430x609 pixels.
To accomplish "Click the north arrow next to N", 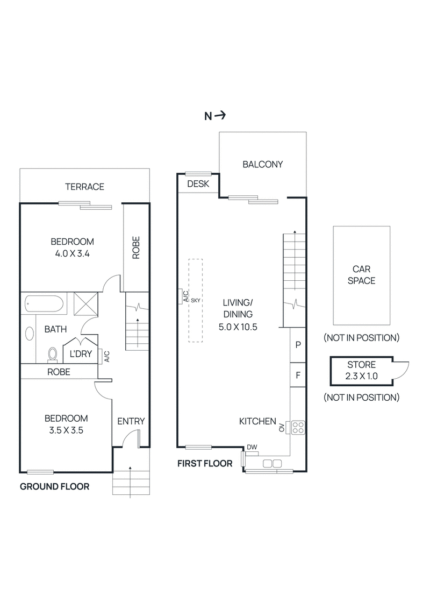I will [221, 115].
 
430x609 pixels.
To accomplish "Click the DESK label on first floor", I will [197, 185].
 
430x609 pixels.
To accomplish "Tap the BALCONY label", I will [262, 165].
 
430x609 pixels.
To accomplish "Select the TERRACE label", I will [84, 187].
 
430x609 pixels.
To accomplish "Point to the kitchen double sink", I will [273, 463].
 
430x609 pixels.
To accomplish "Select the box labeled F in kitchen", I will [298, 375].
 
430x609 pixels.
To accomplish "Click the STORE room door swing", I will [400, 369].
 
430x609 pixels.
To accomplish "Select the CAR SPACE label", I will [361, 274].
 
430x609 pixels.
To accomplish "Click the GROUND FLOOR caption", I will [54, 486].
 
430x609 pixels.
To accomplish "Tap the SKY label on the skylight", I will [195, 300].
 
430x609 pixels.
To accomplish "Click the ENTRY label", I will [131, 421].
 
